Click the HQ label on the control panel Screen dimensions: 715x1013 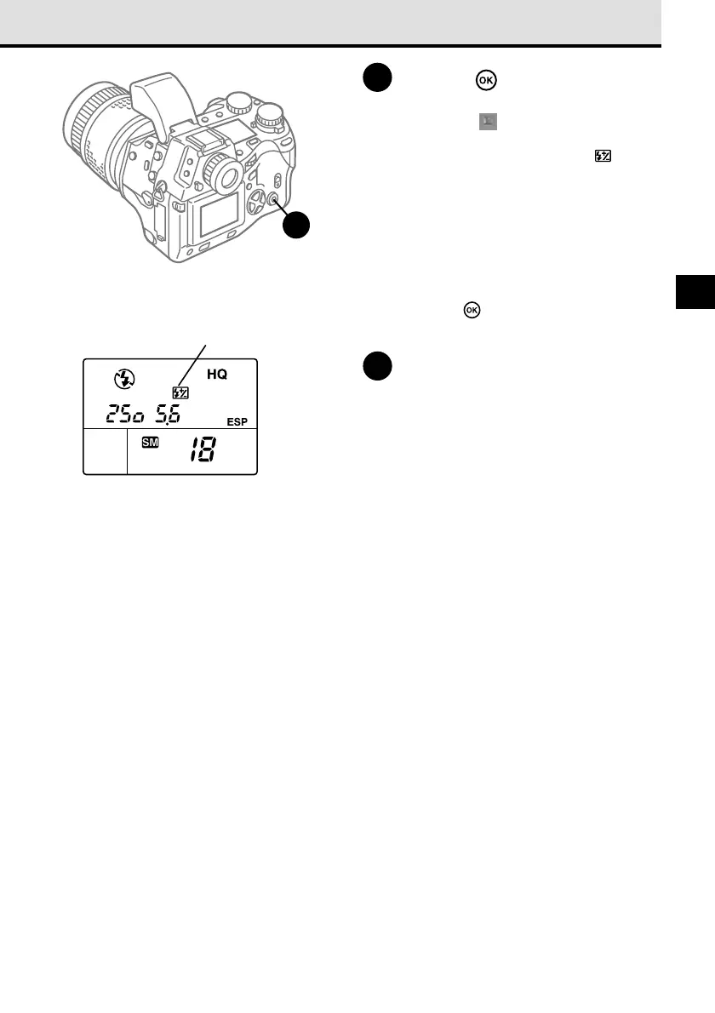pos(219,375)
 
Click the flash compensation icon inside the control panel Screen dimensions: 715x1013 pos(180,393)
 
